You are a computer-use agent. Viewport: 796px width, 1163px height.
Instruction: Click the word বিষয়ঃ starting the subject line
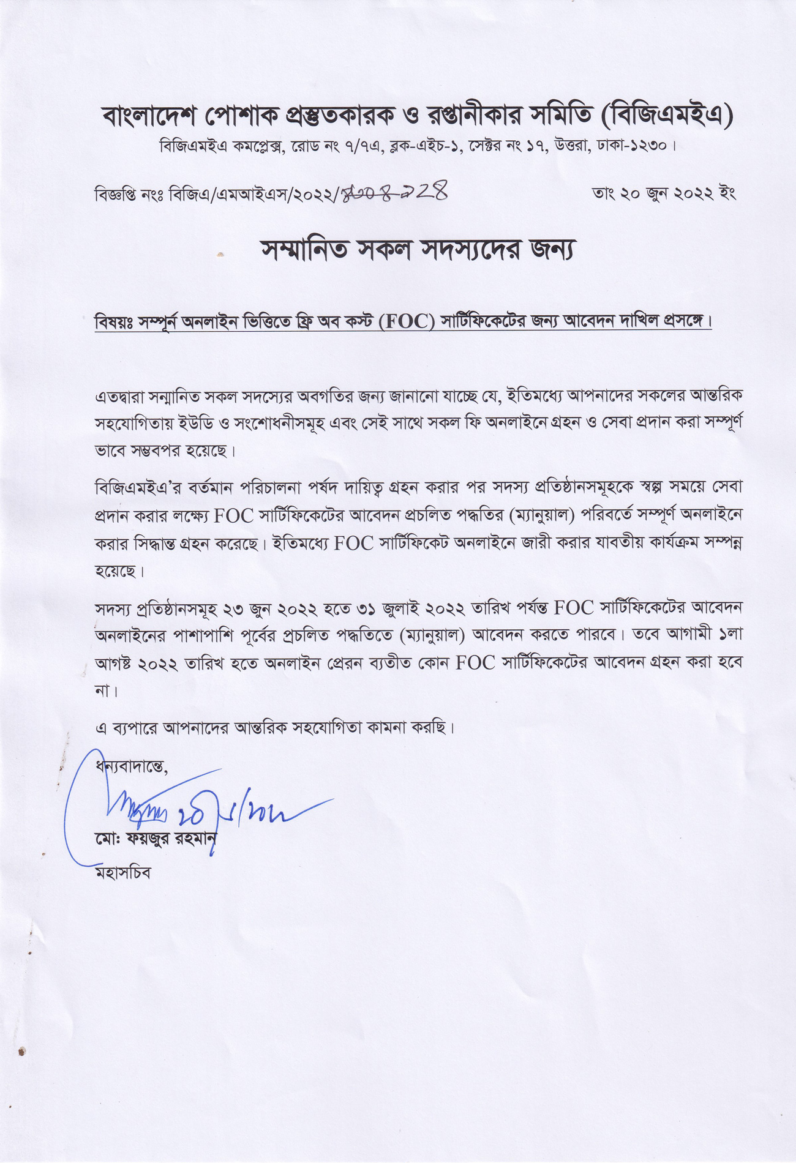(115, 322)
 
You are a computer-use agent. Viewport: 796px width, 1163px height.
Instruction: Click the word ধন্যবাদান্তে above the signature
(131, 766)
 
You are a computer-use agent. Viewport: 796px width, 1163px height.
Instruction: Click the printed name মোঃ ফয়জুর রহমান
(156, 837)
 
